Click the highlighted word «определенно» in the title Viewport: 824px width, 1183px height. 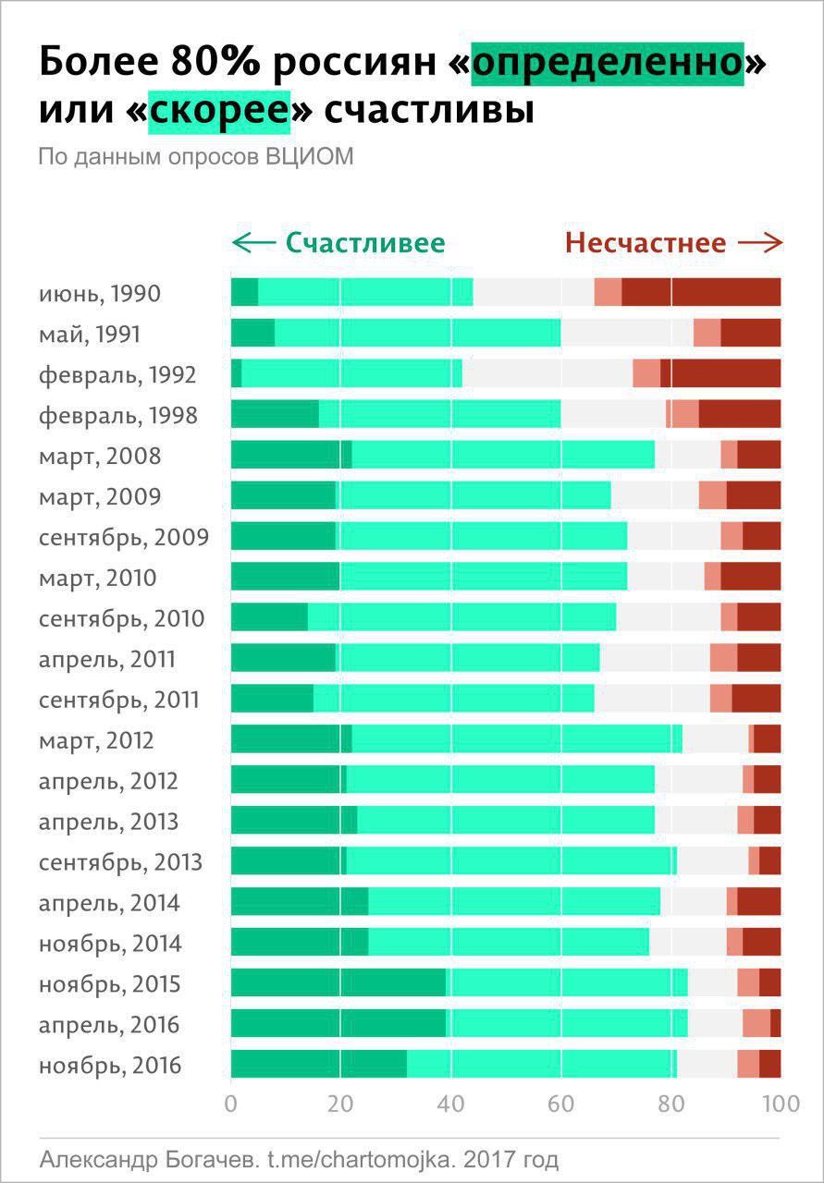(x=608, y=63)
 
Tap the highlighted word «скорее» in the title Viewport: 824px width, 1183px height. (x=219, y=110)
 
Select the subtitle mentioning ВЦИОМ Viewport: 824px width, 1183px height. (x=196, y=156)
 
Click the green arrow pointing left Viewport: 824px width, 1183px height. (x=253, y=243)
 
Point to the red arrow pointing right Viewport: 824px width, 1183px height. (x=760, y=243)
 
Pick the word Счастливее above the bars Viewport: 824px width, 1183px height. (x=365, y=243)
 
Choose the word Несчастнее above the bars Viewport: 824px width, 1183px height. (x=646, y=243)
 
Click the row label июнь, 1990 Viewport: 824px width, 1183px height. (x=100, y=294)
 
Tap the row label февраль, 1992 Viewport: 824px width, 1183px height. (x=117, y=375)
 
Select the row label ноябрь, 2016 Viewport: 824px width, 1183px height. (x=110, y=1066)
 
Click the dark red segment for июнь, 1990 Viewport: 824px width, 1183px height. (x=701, y=292)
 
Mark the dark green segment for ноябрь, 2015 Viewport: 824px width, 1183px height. (x=338, y=982)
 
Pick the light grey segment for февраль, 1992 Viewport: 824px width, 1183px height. (x=547, y=373)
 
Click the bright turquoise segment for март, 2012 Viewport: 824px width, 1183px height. (x=517, y=738)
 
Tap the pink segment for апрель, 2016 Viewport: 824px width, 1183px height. (x=756, y=1023)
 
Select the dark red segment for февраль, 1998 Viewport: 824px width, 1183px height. (x=739, y=414)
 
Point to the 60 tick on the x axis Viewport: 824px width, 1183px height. (x=560, y=1104)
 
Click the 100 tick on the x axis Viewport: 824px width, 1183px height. (x=780, y=1104)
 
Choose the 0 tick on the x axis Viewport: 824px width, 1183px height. (x=231, y=1104)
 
